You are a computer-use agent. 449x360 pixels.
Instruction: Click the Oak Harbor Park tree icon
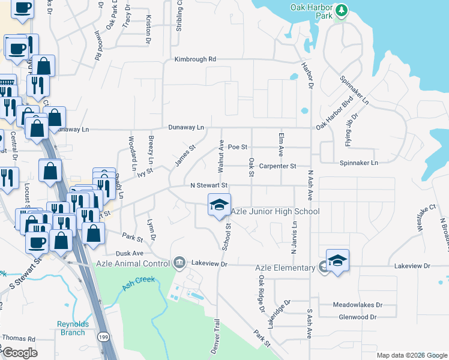[342, 10]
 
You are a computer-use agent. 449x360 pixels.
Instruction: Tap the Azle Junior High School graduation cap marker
[219, 205]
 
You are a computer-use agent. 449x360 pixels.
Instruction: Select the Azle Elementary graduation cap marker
[337, 260]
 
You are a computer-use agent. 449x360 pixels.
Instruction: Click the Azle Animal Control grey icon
[179, 263]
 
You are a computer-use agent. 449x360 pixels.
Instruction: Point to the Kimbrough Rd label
[195, 59]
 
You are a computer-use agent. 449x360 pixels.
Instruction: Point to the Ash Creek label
[139, 283]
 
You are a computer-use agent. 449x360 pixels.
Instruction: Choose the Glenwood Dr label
[357, 317]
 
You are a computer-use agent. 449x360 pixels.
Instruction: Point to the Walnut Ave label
[221, 154]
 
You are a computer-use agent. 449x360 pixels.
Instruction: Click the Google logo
[19, 353]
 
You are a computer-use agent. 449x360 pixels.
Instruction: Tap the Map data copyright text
[412, 355]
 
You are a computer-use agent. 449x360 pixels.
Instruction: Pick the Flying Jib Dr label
[351, 129]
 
